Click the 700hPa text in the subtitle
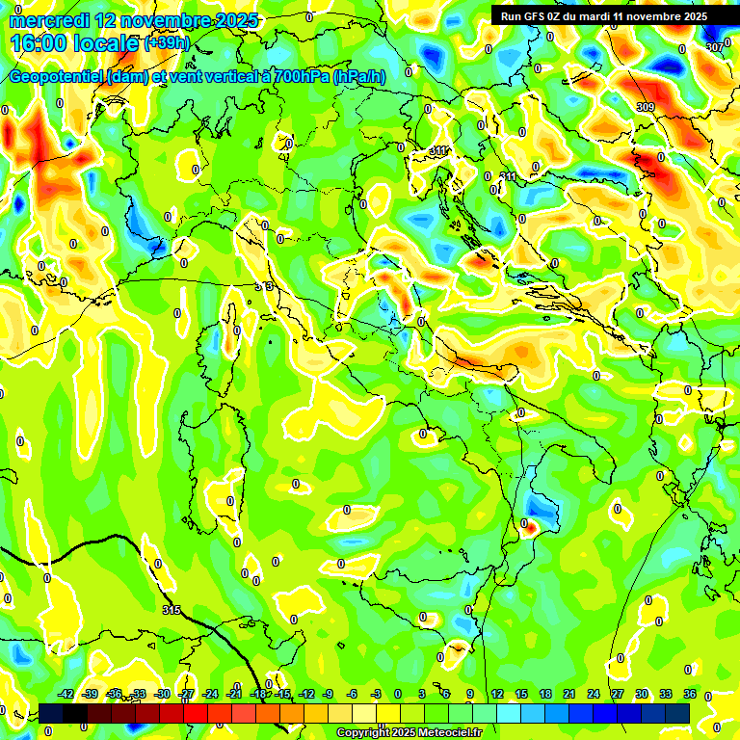point(300,77)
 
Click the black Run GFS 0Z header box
point(603,16)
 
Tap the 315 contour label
point(172,610)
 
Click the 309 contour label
point(646,107)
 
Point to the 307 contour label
point(714,46)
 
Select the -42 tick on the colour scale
point(66,694)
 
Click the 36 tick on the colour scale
point(690,694)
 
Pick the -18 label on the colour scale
point(259,694)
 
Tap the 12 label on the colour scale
point(497,694)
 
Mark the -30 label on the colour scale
point(163,694)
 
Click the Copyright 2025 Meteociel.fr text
point(409,733)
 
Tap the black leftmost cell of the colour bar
point(51,712)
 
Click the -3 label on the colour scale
point(375,694)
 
